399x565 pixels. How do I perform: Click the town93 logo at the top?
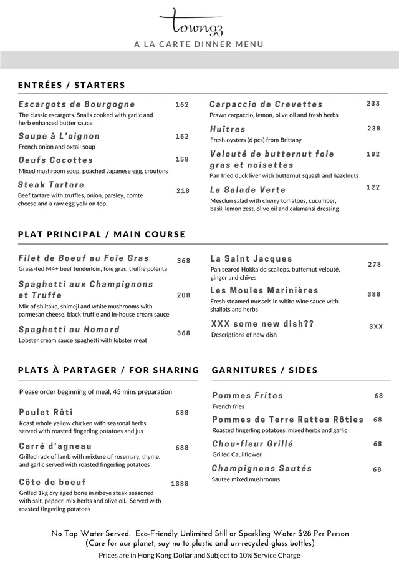[x=199, y=24]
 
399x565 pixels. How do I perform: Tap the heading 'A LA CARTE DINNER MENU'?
[x=199, y=44]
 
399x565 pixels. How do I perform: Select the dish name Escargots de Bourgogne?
[x=77, y=104]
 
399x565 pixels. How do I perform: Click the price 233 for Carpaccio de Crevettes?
[x=373, y=104]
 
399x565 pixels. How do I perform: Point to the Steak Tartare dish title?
[x=51, y=185]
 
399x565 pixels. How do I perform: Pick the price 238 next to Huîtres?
[x=373, y=129]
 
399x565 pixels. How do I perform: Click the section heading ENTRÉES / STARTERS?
[x=72, y=85]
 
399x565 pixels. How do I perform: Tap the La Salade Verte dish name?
[x=248, y=190]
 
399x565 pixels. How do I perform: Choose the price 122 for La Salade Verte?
[x=373, y=187]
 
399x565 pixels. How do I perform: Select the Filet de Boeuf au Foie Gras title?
[x=84, y=258]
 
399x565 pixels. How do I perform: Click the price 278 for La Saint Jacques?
[x=374, y=265]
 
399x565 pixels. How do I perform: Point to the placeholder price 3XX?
[x=376, y=327]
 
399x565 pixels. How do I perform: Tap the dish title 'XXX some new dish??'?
[x=262, y=324]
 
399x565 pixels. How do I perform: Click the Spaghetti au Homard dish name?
[x=69, y=330]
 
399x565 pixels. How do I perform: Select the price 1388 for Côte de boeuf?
[x=180, y=484]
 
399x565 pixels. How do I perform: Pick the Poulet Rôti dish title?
[x=46, y=413]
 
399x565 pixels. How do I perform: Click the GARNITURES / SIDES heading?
[x=265, y=370]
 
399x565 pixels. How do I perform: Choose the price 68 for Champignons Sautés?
[x=377, y=469]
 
